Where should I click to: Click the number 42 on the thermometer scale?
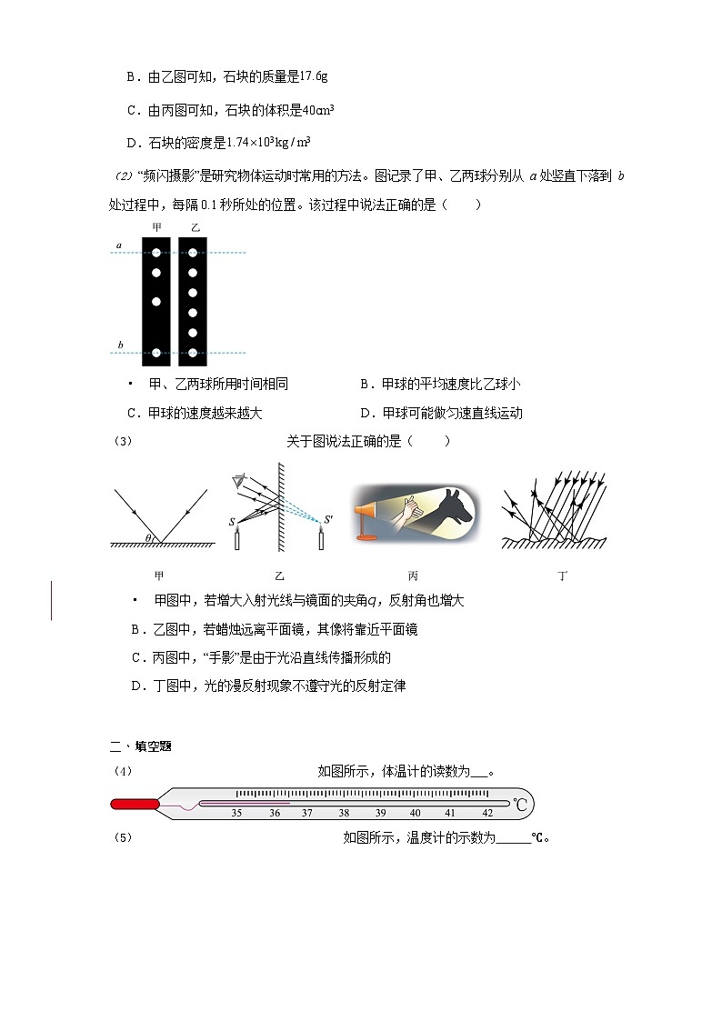click(487, 813)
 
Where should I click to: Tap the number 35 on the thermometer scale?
click(236, 813)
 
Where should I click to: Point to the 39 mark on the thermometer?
click(380, 813)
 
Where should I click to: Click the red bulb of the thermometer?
click(133, 804)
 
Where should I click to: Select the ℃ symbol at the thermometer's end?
click(520, 805)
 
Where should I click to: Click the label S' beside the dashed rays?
click(329, 521)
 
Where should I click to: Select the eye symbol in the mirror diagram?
click(240, 478)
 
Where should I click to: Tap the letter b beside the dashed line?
click(119, 345)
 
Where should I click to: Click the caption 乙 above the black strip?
click(196, 226)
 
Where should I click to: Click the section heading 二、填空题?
click(141, 746)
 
